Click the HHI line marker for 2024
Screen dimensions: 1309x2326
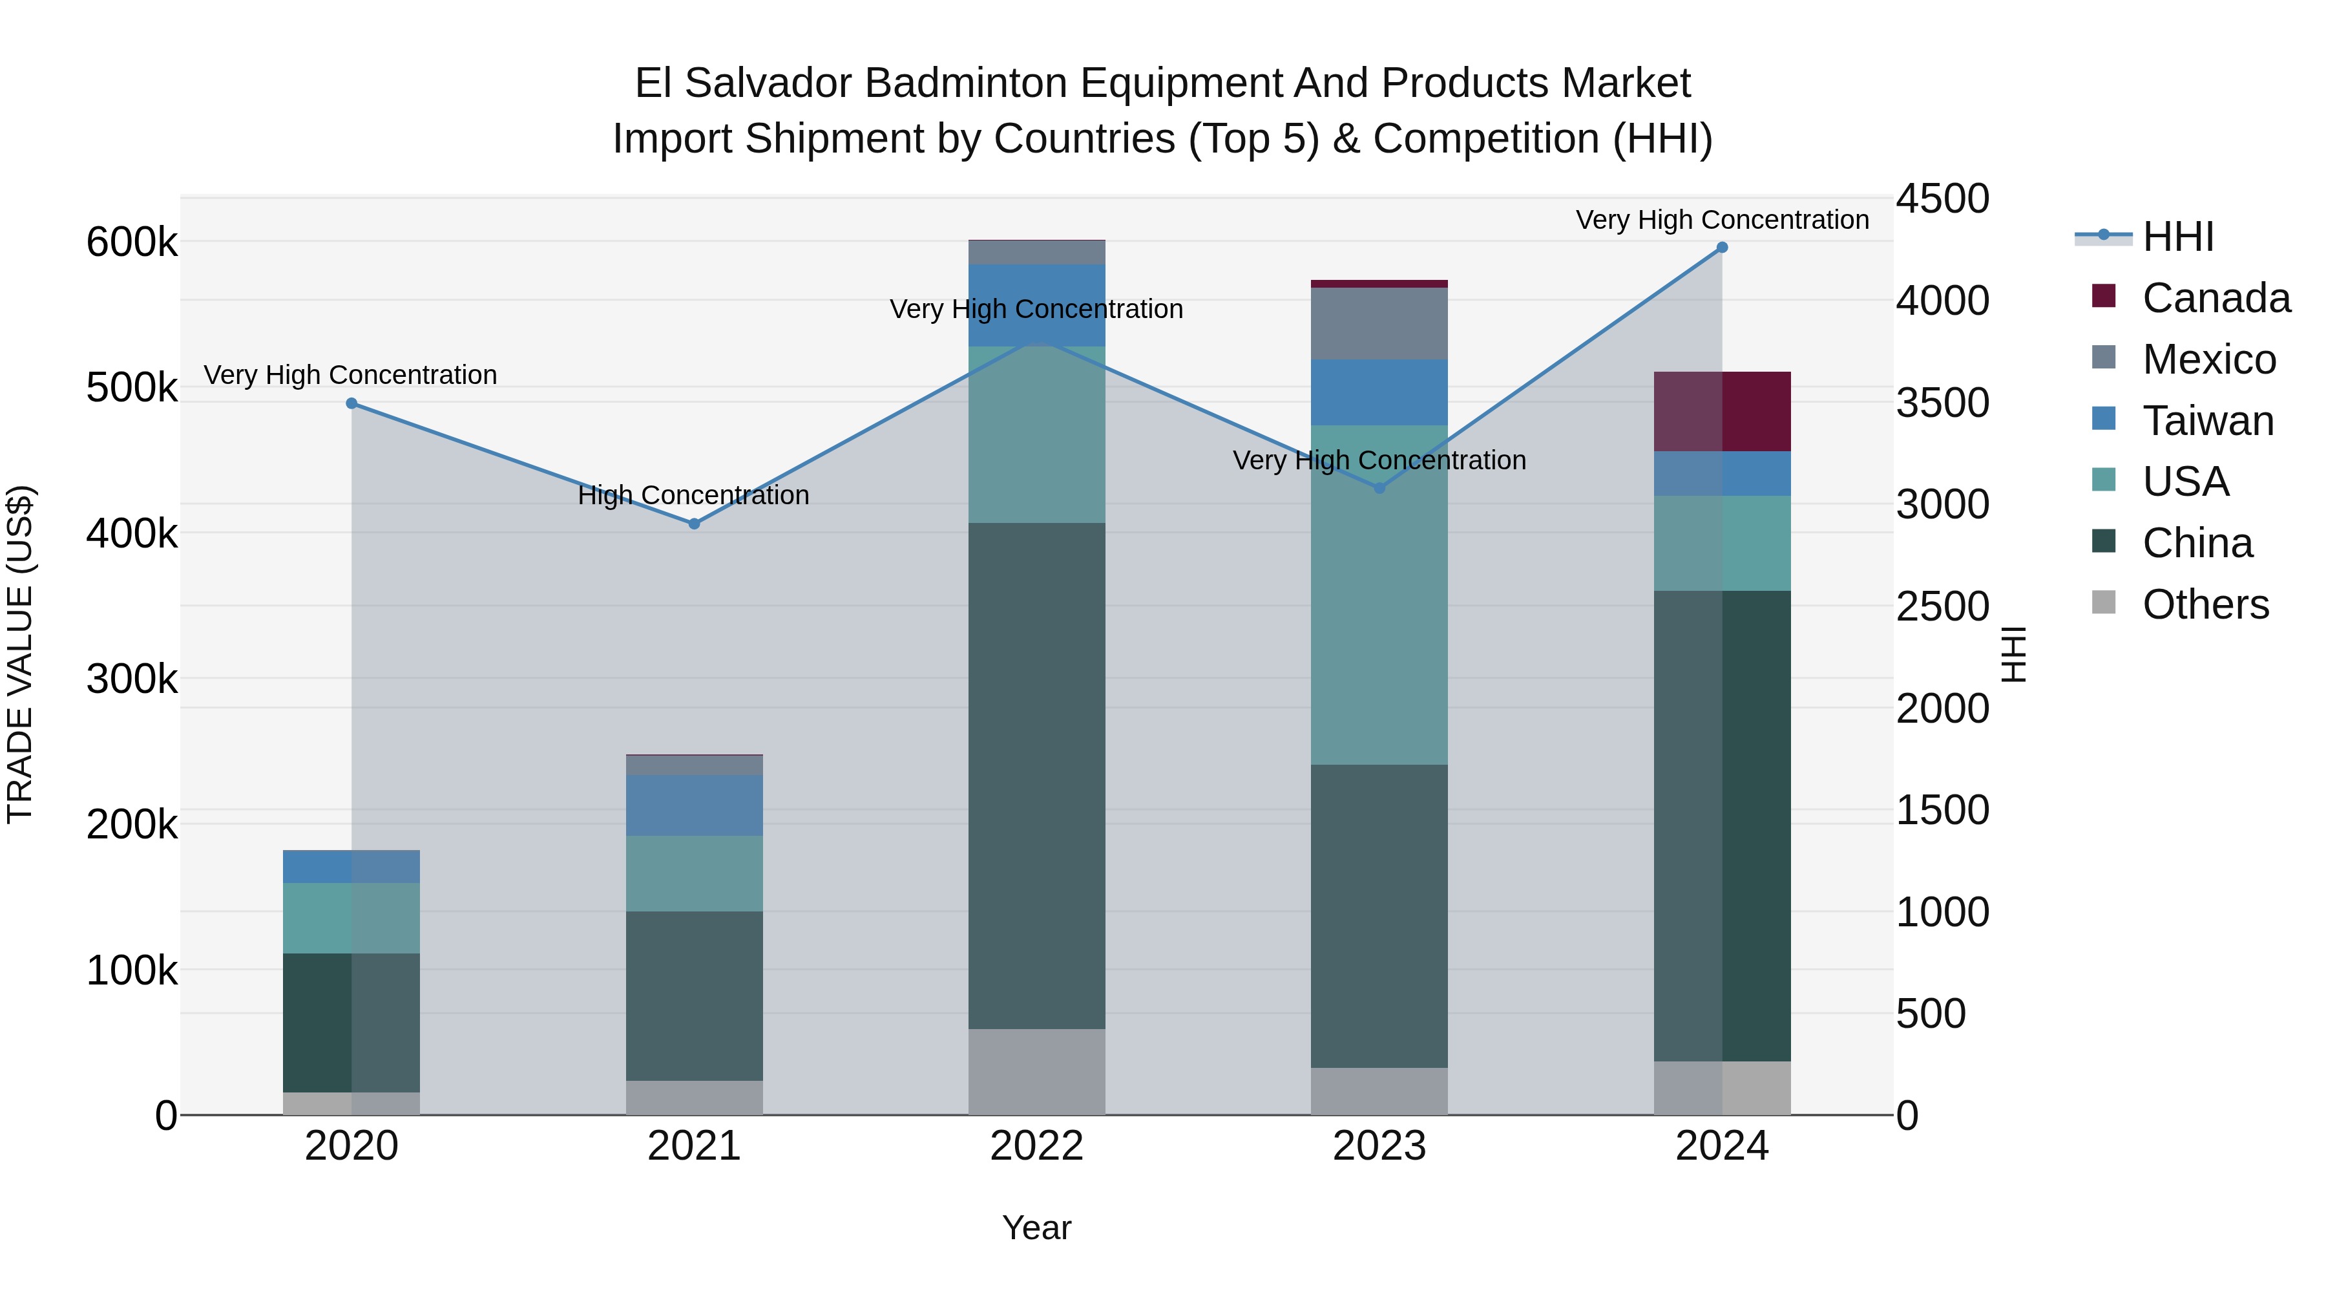coord(1721,248)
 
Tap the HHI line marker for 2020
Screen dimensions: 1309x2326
coord(351,404)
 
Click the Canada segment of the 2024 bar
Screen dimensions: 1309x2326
coord(1721,411)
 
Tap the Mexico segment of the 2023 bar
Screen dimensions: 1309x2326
coord(1379,323)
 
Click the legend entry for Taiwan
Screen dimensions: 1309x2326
coord(2207,421)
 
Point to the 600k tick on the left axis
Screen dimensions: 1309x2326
coord(132,242)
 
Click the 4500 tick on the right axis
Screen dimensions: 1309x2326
coord(1942,198)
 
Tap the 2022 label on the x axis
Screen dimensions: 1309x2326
coord(1036,1146)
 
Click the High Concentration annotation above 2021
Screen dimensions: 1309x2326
coord(693,495)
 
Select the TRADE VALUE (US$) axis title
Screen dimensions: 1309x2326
coord(20,654)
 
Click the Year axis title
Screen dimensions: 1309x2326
coord(1036,1228)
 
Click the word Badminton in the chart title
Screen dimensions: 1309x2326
coord(972,83)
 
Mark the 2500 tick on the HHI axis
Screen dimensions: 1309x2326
coord(1942,606)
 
